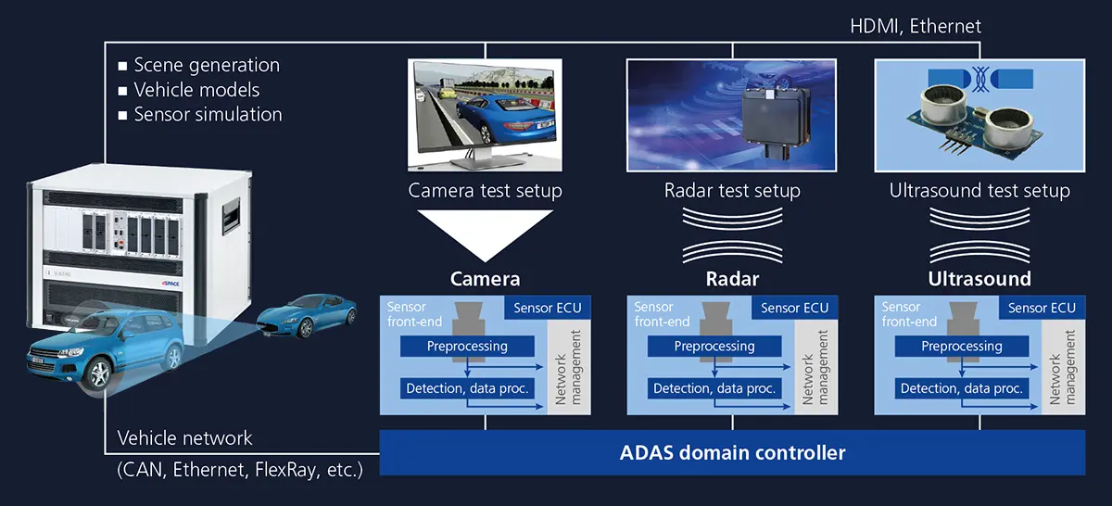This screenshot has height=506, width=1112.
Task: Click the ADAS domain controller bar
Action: [x=732, y=453]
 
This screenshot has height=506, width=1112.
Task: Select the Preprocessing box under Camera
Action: [x=467, y=347]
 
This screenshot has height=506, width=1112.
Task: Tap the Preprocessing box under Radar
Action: [x=714, y=347]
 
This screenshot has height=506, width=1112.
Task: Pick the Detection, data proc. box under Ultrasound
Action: [x=962, y=388]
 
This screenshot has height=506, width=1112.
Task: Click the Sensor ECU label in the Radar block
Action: [x=794, y=308]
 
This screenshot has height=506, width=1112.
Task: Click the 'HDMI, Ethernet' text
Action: [x=916, y=27]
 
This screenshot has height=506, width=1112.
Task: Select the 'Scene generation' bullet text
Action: [x=206, y=66]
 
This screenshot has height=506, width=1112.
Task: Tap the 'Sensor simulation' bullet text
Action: [x=208, y=115]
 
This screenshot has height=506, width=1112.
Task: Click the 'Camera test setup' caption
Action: [x=486, y=192]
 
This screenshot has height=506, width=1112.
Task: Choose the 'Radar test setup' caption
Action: [x=732, y=192]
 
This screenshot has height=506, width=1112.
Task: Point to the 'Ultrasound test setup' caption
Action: [x=979, y=192]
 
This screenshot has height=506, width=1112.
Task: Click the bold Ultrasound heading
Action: [x=979, y=279]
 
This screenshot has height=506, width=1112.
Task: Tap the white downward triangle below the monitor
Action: [x=485, y=233]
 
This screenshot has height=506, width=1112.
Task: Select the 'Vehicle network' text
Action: [x=184, y=437]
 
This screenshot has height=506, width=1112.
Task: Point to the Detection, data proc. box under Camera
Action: [x=467, y=388]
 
